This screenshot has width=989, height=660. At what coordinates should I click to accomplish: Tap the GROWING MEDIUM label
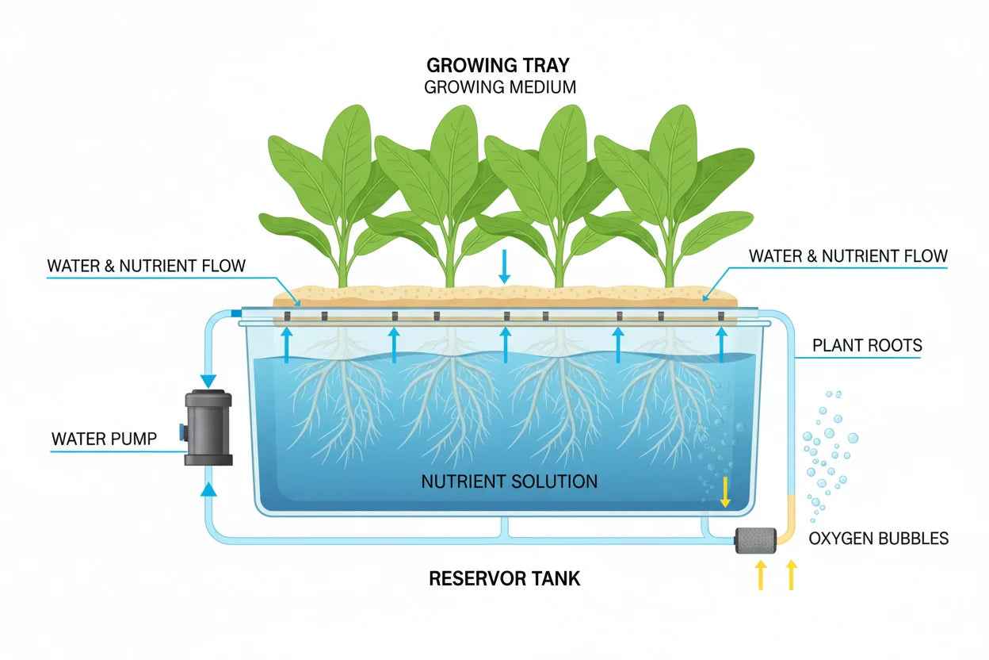click(500, 87)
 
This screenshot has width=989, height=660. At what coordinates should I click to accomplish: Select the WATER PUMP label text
click(104, 438)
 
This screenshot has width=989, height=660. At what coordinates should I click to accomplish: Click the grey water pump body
click(208, 428)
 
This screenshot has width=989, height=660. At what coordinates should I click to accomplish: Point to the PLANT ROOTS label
click(867, 345)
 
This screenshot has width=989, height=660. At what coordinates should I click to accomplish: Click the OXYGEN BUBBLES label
click(878, 539)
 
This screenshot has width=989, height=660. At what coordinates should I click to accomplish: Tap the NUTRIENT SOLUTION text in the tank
click(509, 481)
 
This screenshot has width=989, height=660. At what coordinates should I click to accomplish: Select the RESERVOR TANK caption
click(505, 578)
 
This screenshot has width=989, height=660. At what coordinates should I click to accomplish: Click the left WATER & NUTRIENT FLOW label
click(147, 266)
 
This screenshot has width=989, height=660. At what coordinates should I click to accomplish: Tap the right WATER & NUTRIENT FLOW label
click(848, 256)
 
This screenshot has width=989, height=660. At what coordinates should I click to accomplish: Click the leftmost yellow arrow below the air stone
click(762, 575)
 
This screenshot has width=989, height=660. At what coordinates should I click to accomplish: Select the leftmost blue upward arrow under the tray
click(287, 343)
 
